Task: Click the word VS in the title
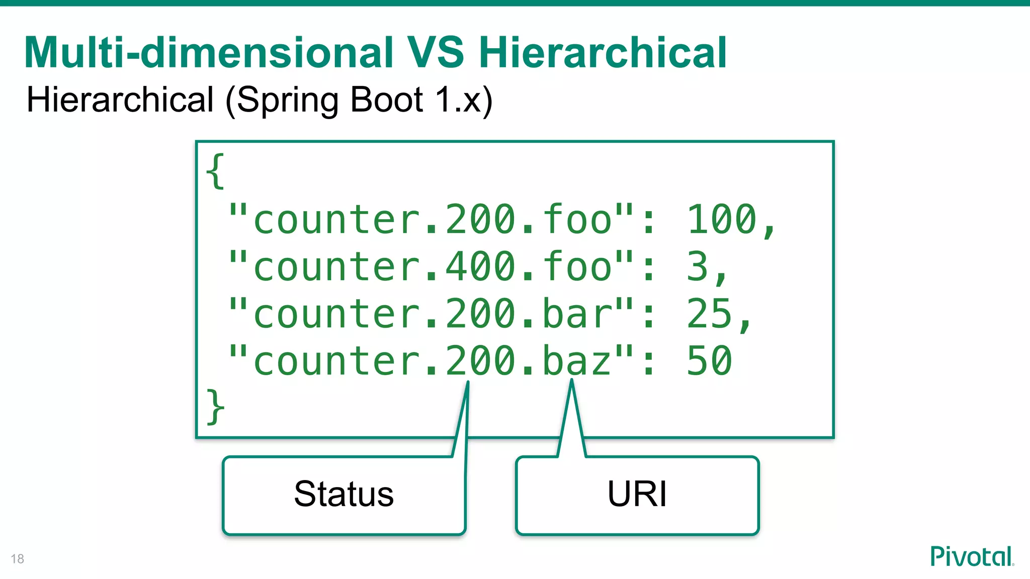click(x=436, y=52)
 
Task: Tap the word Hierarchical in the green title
click(x=603, y=52)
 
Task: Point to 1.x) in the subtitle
click(x=463, y=100)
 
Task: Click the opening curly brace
click(x=215, y=171)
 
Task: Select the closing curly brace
click(x=215, y=407)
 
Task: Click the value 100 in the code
click(x=722, y=219)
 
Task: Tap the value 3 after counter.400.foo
click(x=697, y=266)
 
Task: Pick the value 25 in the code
click(x=709, y=314)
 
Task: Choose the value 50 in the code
click(x=709, y=360)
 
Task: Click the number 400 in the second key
click(x=481, y=266)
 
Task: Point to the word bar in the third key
click(x=577, y=314)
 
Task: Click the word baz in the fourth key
click(x=577, y=360)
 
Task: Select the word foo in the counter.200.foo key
click(x=577, y=219)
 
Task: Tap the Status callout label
click(x=344, y=494)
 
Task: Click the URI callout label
click(x=637, y=494)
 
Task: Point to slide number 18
click(x=17, y=559)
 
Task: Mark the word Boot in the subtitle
click(x=386, y=100)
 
